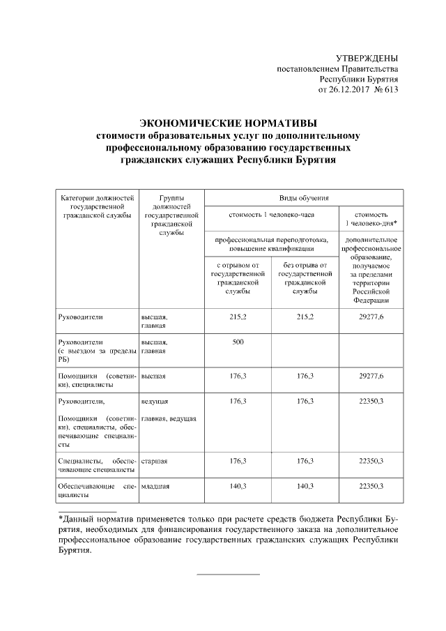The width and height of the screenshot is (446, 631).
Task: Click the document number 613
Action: (x=389, y=90)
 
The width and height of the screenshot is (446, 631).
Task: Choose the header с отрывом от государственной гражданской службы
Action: (x=238, y=278)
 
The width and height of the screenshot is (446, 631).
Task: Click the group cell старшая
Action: (x=154, y=461)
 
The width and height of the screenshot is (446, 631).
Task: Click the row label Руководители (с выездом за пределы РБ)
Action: (x=97, y=351)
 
